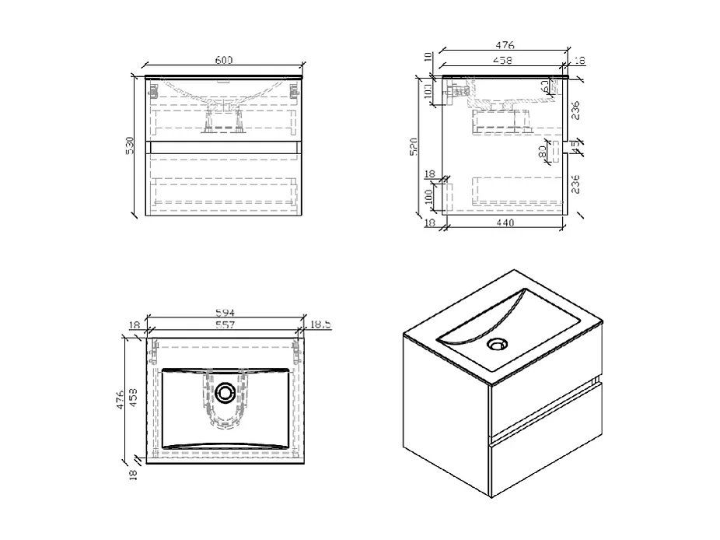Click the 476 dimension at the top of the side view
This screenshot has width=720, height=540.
click(505, 46)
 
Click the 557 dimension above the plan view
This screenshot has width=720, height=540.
click(224, 325)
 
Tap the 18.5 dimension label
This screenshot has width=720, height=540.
click(320, 325)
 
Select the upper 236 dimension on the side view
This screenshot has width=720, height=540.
click(575, 110)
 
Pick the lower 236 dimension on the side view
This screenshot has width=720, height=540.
click(575, 184)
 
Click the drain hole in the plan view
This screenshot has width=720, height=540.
click(226, 394)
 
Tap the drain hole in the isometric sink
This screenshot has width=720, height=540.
click(495, 343)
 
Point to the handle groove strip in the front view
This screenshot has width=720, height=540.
click(224, 146)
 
